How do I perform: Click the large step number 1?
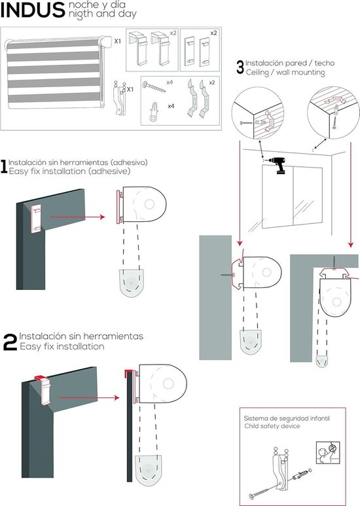[x=5, y=168]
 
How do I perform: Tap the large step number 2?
[x=10, y=342]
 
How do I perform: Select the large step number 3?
[x=240, y=67]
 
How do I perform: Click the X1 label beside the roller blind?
[x=118, y=41]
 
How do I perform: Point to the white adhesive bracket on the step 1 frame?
[x=37, y=215]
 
